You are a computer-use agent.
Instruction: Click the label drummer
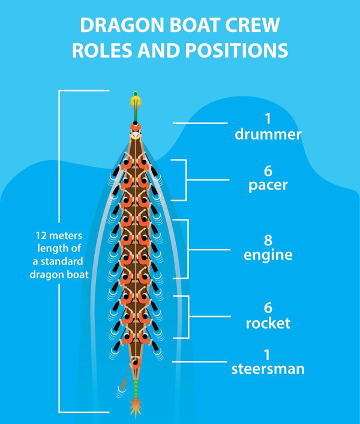click(268, 134)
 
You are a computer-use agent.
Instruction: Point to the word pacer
click(268, 185)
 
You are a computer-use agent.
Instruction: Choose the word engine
click(268, 255)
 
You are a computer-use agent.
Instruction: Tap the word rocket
click(268, 323)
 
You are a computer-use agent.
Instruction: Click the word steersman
click(268, 368)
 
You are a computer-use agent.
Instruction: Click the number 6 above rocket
click(268, 307)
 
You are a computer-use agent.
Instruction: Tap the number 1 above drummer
click(268, 118)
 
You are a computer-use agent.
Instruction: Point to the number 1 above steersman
click(268, 352)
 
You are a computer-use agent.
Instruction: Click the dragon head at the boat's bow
click(136, 103)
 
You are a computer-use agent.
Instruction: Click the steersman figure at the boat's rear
click(136, 363)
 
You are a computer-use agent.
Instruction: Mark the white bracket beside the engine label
click(187, 249)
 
